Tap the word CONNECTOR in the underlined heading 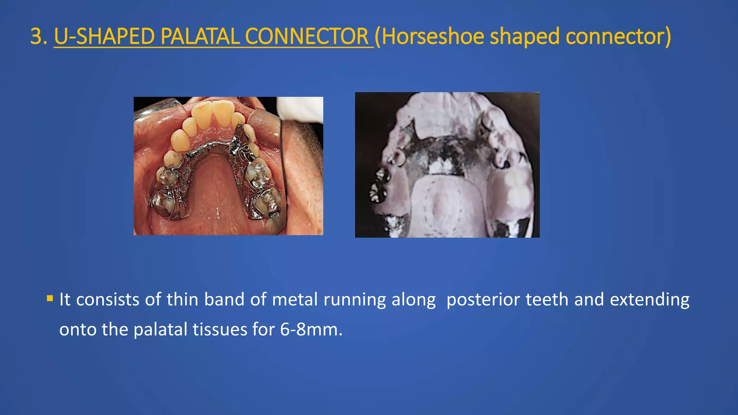pyautogui.click(x=307, y=37)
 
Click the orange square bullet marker pyautogui.click(x=50, y=298)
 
